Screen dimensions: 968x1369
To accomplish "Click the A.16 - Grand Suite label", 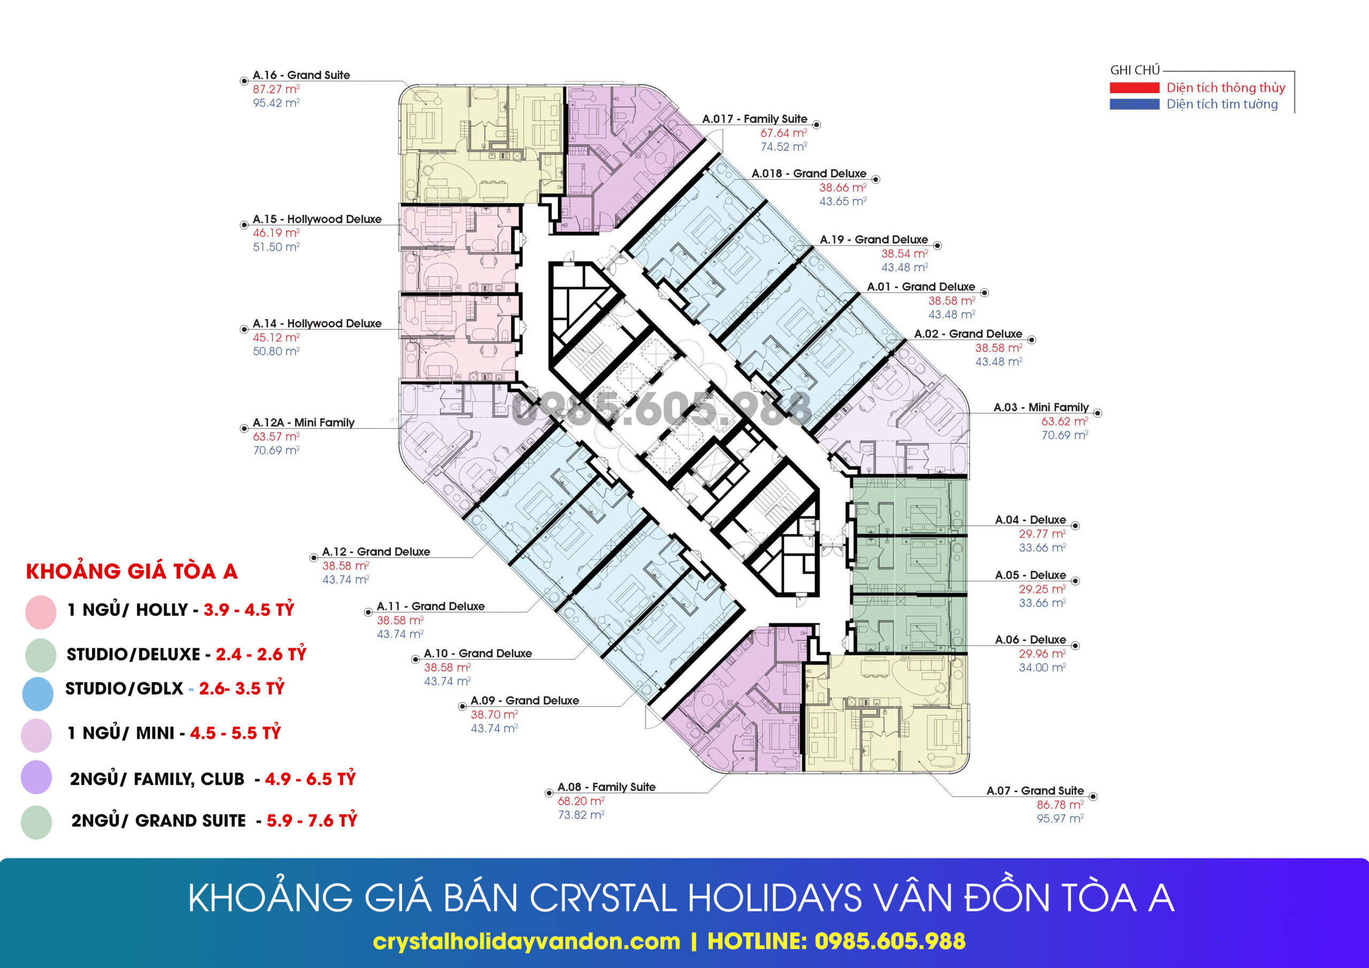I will [x=301, y=75].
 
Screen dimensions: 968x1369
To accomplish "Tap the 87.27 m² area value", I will [x=276, y=89].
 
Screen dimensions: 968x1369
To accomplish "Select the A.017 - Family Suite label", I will [x=754, y=119].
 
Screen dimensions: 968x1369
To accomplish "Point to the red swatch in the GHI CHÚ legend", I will [x=1134, y=88].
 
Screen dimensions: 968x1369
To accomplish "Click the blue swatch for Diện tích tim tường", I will [x=1134, y=104].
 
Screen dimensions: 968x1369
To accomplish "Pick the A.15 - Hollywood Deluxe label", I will [x=317, y=219].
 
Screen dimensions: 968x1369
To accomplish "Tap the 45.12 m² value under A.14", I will [x=276, y=337].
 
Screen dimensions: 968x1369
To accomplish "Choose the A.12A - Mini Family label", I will [x=304, y=423].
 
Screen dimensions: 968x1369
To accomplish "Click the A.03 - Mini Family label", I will [x=1041, y=408].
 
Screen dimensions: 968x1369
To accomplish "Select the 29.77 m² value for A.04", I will [x=1042, y=534].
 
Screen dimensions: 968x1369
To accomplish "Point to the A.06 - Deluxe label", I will [x=1030, y=640].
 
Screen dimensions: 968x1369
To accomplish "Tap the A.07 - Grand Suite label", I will [x=1035, y=791].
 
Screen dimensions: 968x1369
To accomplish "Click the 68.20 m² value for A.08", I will [x=581, y=801].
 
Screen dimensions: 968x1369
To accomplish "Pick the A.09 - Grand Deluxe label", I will [x=525, y=701].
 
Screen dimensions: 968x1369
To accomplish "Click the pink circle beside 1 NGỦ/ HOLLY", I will [x=41, y=612].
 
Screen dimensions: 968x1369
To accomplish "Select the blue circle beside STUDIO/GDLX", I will [x=37, y=694].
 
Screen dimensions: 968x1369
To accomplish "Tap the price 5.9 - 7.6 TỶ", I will [x=312, y=821].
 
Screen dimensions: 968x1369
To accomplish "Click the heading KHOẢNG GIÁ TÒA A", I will [x=132, y=571].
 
